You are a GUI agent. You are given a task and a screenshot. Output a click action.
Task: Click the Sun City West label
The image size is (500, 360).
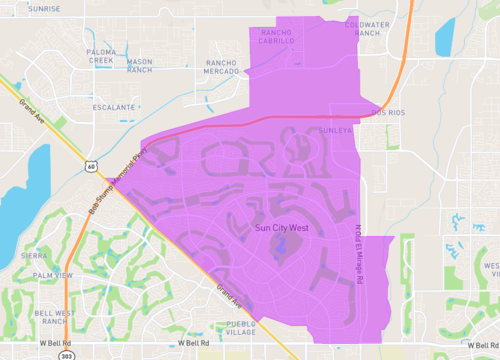[x=282, y=229]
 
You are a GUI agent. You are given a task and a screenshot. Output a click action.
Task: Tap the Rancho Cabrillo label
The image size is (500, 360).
[x=277, y=37]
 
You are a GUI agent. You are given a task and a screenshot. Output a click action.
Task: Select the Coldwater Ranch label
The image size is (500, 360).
[x=366, y=29]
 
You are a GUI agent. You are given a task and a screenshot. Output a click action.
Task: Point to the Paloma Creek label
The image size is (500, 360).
[x=103, y=55]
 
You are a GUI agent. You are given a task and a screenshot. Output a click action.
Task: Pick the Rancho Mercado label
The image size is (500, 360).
[x=222, y=67]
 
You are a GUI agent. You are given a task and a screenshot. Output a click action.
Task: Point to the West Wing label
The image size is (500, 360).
[x=490, y=270]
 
